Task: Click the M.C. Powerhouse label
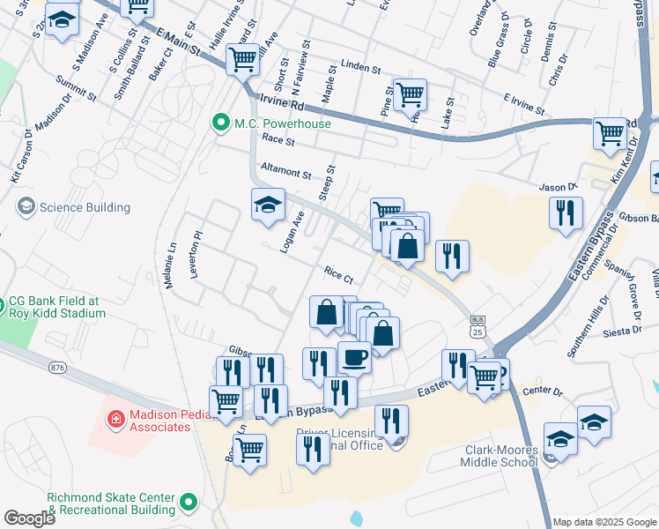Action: [282, 123]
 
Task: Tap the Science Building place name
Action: [86, 208]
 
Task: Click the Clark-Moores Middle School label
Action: [488, 456]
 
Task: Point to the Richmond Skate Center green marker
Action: [188, 503]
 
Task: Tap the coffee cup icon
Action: [354, 357]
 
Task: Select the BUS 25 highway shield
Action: [478, 326]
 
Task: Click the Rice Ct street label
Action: [338, 275]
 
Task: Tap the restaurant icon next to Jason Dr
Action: [565, 212]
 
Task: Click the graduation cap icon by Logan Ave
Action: [268, 205]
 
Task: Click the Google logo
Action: [29, 518]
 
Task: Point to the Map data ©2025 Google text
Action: [605, 522]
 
